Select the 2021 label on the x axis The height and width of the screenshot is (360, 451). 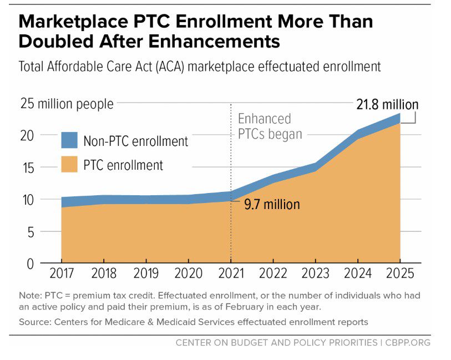(x=231, y=275)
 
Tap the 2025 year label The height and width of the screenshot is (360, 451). (x=400, y=275)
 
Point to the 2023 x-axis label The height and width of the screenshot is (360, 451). (x=315, y=275)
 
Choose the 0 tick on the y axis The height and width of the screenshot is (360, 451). (x=31, y=263)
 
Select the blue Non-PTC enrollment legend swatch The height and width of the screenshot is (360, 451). (x=70, y=141)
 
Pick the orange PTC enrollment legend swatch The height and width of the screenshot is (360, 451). (x=70, y=165)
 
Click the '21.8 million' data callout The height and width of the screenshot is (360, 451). (x=387, y=104)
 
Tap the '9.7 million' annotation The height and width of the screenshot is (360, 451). (x=272, y=204)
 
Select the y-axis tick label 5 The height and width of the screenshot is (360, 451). (x=31, y=231)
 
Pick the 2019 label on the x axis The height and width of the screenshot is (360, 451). (x=146, y=275)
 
